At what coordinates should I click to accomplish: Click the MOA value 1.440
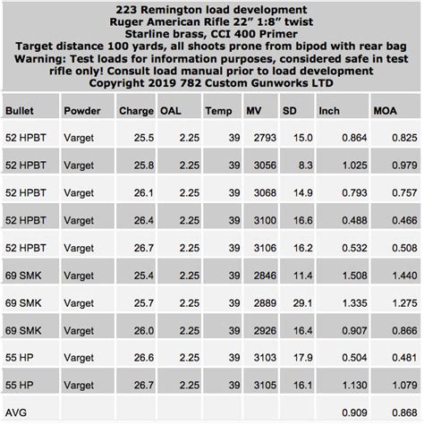point(399,276)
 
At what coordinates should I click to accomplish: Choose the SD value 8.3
point(305,166)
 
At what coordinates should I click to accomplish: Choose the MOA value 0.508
point(399,247)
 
